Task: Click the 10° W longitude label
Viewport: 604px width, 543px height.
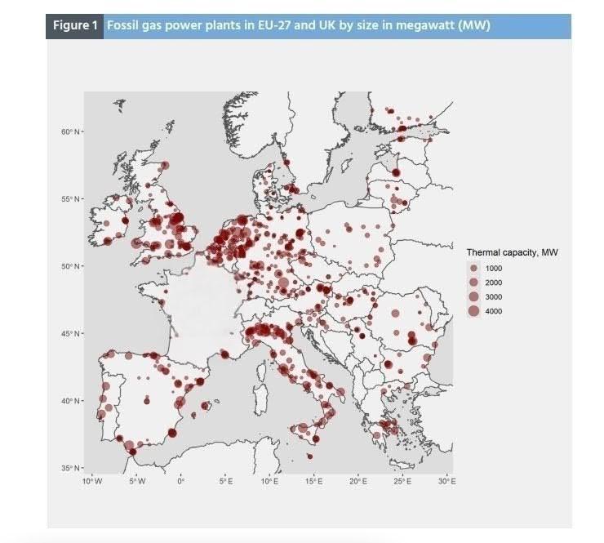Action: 92,483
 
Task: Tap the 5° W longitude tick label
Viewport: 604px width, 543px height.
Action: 137,483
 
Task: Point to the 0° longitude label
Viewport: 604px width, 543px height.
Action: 181,483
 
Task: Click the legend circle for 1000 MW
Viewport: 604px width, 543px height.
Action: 474,268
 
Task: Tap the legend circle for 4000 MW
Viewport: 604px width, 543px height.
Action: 474,311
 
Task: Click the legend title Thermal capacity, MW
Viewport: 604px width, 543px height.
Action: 512,252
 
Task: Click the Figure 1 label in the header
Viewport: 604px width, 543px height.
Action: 76,25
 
